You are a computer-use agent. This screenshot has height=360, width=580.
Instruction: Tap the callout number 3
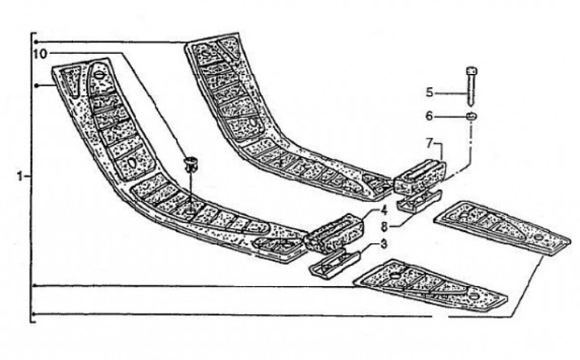385,242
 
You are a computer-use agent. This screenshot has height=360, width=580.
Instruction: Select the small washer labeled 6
470,118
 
